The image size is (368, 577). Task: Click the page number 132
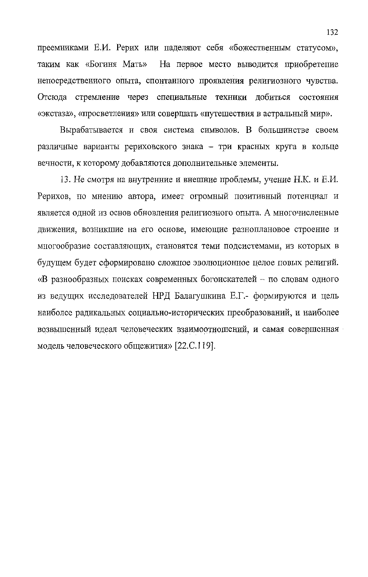click(x=332, y=32)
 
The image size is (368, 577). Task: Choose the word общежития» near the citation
click(x=147, y=346)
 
